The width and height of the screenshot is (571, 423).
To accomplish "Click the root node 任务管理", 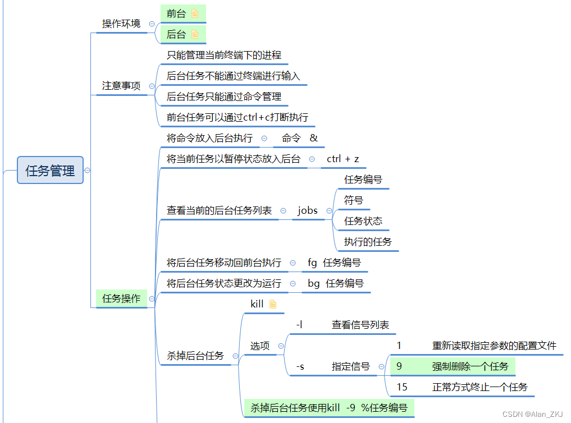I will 50,171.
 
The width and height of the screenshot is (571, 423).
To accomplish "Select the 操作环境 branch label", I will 121,24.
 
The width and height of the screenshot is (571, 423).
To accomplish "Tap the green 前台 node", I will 176,13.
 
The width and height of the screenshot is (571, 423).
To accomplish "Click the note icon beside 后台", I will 195,34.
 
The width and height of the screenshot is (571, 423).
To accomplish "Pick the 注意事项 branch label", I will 121,86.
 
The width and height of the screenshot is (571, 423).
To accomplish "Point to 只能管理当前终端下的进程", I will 223,55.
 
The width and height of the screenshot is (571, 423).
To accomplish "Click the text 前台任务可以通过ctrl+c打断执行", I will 237,117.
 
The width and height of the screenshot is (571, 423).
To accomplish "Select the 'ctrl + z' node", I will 342,159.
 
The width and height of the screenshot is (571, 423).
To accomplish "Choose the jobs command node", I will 308,210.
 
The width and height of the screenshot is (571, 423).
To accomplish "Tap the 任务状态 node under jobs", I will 363,221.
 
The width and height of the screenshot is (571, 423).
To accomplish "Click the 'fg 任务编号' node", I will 334,263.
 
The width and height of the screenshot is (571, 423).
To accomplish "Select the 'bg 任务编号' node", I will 335,283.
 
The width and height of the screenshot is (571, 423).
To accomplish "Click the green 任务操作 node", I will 121,298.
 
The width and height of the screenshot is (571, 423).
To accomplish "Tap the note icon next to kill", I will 273,304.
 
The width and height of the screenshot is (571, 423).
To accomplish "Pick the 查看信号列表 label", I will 360,325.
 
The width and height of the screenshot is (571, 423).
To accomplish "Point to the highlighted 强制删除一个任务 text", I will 470,366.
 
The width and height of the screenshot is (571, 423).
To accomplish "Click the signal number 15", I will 402,387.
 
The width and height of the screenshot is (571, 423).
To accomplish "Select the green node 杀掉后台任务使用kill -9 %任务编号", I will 328,408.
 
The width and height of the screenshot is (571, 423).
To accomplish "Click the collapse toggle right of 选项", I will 281,346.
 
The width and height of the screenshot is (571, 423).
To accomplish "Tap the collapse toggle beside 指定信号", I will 382,367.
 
